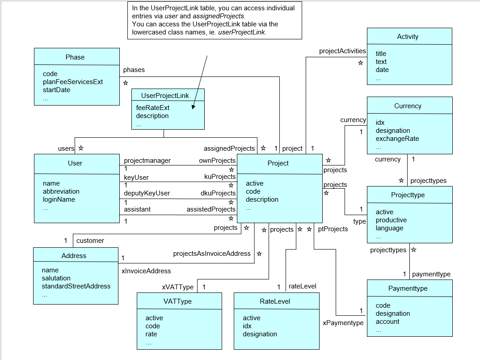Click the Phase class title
75,57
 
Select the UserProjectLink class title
165,95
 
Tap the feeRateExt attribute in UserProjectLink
153,108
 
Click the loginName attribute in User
59,199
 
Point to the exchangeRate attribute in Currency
397,139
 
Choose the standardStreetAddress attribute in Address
76,286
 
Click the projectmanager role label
147,161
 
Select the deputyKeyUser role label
147,193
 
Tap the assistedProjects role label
211,209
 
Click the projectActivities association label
342,51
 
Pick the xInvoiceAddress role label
146,271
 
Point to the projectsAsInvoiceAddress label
212,254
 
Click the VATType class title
178,301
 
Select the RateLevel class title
275,301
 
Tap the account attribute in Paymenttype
387,322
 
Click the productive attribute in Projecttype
391,220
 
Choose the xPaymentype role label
343,322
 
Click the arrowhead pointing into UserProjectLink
193,107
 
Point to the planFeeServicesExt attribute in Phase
73,82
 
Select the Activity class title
408,37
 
